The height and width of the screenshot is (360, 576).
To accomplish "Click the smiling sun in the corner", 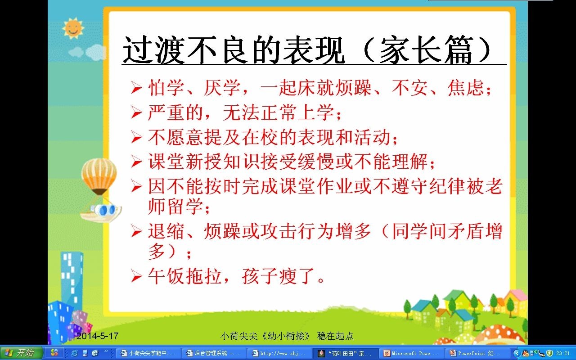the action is (73, 28).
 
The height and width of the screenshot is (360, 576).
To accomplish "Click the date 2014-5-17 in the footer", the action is (97, 336).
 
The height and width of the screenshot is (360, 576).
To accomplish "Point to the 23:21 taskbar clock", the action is (563, 353).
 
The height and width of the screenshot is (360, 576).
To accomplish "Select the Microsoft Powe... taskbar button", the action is (411, 353).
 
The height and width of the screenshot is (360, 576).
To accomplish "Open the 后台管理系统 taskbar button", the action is (214, 353).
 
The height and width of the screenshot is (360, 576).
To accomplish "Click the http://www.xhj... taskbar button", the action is (279, 353).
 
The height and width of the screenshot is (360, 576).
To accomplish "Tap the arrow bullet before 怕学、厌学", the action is (136, 88).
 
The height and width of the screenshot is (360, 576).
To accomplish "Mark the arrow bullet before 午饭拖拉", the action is (136, 276).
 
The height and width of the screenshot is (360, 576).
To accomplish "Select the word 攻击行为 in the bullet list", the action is (297, 231).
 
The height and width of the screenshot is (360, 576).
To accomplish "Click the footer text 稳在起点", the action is (335, 336).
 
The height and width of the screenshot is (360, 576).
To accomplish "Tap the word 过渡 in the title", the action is (154, 49).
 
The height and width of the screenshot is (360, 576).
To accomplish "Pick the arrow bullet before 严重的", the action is (136, 113).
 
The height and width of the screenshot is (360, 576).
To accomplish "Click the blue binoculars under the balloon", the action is (106, 210).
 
